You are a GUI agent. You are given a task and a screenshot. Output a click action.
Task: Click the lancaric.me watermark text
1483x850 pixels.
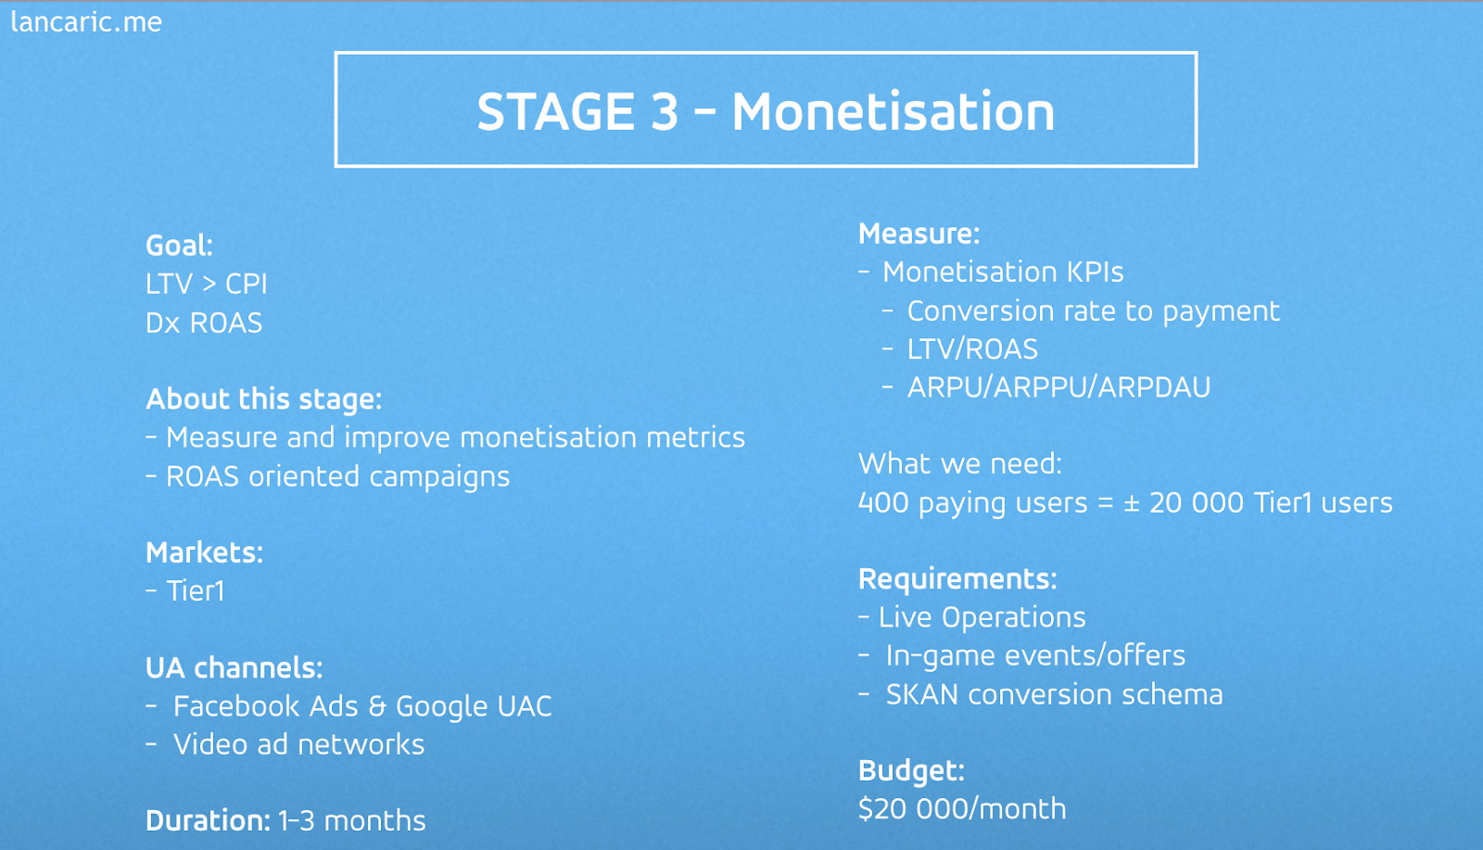coord(87,22)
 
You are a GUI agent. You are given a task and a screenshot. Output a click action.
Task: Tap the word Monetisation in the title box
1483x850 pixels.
coord(894,111)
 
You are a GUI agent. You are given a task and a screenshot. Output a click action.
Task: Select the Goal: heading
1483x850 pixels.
coord(179,246)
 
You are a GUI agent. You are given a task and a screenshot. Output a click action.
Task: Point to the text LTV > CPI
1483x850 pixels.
coord(207,284)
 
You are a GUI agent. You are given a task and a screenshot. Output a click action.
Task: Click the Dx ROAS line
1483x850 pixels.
coord(204,323)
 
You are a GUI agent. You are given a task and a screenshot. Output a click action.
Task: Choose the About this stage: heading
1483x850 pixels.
coord(263,400)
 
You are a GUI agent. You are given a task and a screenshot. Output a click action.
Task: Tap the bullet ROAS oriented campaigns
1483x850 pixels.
coord(337,476)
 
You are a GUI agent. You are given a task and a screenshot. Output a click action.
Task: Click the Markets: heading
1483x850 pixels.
coord(204,552)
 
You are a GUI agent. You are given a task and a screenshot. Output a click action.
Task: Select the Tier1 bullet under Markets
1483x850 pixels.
coord(196,591)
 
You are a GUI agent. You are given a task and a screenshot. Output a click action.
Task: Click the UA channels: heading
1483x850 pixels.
coord(234,668)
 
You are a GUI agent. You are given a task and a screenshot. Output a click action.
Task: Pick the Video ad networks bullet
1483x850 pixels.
coord(298,744)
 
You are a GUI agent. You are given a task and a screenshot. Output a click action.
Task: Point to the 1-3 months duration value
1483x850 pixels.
coord(352,821)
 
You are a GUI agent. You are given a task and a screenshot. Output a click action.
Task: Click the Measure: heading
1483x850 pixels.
coord(919,234)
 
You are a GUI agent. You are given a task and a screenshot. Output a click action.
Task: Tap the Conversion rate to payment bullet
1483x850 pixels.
coord(1093,311)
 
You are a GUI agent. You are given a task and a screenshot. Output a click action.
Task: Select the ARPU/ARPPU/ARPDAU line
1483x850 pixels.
coord(1058,387)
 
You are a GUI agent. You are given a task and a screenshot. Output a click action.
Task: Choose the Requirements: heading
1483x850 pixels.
coord(957,579)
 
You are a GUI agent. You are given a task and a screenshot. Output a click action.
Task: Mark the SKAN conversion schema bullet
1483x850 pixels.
coord(1054,694)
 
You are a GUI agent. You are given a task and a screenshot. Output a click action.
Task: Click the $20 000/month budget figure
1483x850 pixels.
coord(962,809)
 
